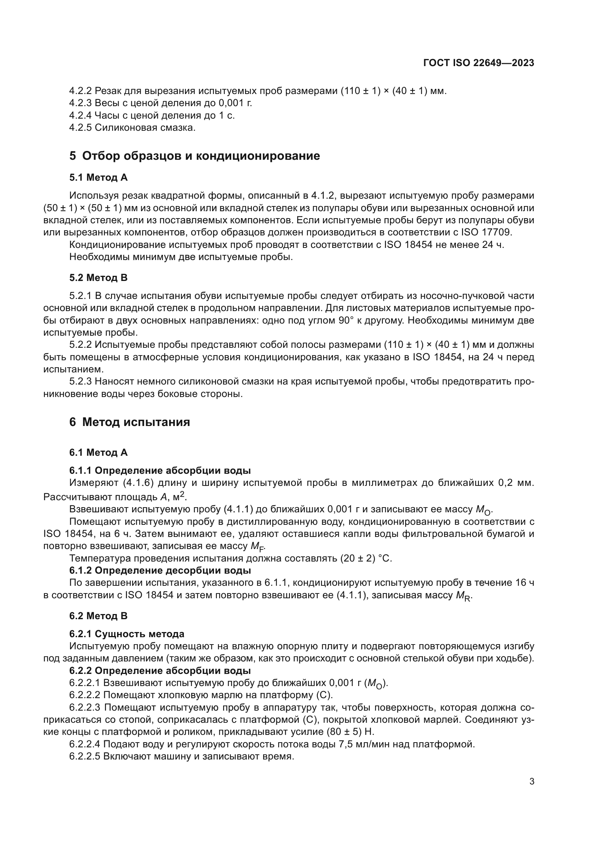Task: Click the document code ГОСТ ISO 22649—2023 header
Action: [479, 63]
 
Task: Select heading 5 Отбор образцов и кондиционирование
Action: [195, 156]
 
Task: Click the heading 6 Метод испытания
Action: [129, 422]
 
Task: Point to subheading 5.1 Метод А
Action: [98, 178]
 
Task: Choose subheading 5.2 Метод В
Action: [98, 278]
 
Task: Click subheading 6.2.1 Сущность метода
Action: [127, 634]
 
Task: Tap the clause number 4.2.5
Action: [80, 127]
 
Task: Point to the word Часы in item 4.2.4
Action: [106, 115]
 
